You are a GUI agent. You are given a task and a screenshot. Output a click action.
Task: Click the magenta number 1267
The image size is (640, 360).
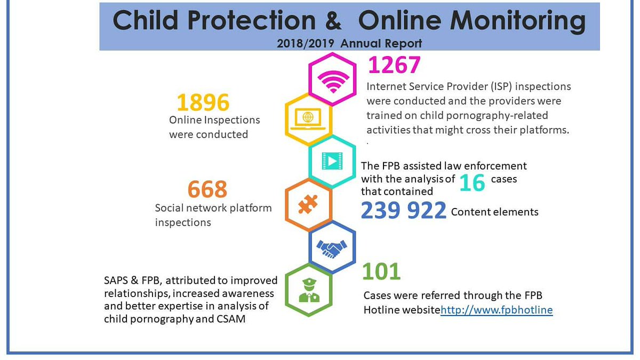tap(395, 66)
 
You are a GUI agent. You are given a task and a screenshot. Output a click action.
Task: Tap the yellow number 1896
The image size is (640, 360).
tap(203, 102)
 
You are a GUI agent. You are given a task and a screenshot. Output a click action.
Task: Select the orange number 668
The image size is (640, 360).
tap(207, 189)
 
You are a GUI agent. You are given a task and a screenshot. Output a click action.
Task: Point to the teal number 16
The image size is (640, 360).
tap(472, 182)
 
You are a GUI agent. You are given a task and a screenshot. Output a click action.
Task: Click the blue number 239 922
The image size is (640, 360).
tap(403, 211)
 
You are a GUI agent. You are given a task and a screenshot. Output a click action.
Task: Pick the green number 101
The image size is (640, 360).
tap(381, 271)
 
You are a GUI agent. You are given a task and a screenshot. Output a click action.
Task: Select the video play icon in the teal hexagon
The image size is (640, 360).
tap(332, 162)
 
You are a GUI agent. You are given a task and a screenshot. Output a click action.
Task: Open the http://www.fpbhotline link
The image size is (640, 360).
tap(497, 310)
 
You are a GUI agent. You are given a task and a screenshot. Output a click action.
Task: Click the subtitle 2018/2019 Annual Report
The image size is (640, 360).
tap(349, 43)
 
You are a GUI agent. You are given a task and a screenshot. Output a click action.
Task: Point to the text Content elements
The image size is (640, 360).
tap(494, 212)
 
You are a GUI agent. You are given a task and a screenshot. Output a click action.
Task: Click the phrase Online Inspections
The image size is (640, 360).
tap(214, 121)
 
